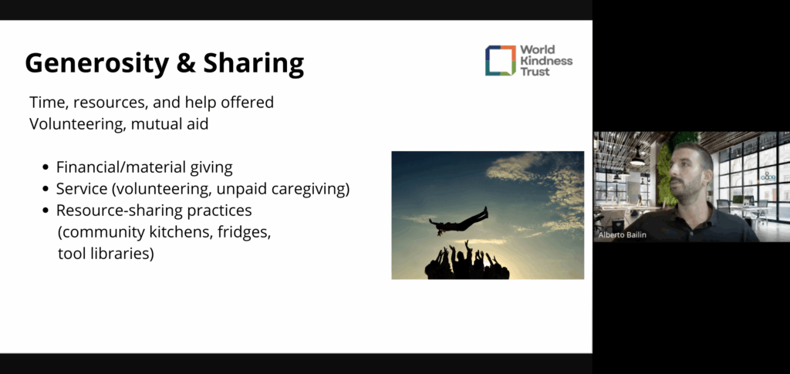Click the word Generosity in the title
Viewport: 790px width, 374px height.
click(x=96, y=64)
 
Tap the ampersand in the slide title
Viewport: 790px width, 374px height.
click(x=185, y=63)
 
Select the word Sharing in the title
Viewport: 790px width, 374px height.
click(x=253, y=64)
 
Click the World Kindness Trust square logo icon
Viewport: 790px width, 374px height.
click(x=500, y=60)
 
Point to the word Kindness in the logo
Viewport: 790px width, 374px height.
click(x=546, y=60)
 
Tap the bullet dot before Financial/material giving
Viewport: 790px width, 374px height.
click(x=46, y=167)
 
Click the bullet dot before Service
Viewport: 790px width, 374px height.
click(x=46, y=189)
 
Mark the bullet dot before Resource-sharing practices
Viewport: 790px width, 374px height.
click(x=46, y=211)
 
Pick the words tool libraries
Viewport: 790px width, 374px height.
click(x=105, y=254)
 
